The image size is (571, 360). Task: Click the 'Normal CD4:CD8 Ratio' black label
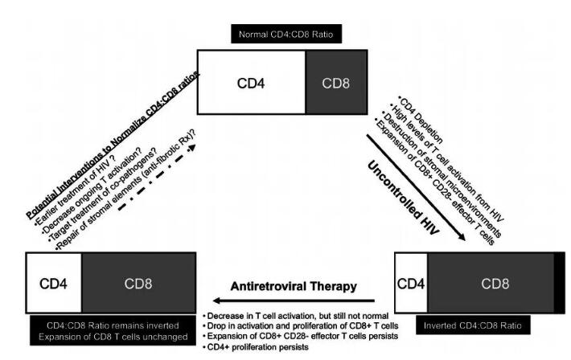coord(286,35)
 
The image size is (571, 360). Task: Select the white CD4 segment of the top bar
coord(252,82)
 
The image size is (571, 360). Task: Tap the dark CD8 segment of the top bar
coord(336,82)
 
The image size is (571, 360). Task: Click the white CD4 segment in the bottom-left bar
coord(54,283)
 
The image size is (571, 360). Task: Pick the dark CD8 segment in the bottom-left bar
coord(139,283)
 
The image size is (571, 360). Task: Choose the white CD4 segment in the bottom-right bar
coord(411,283)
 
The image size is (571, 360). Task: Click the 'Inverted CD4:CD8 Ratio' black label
coord(473,325)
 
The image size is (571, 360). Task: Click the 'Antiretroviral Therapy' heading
coord(294,286)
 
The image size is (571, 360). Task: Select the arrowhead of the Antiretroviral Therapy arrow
coord(216,301)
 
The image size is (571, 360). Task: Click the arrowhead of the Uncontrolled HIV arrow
coord(462,237)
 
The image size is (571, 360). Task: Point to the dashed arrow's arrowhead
coord(191,148)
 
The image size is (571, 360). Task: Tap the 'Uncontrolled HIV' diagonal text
coord(404,198)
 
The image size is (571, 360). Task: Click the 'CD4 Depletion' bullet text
coord(421,120)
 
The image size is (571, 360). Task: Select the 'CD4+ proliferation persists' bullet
coord(256,347)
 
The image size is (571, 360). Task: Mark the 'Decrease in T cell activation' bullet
coord(296,316)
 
